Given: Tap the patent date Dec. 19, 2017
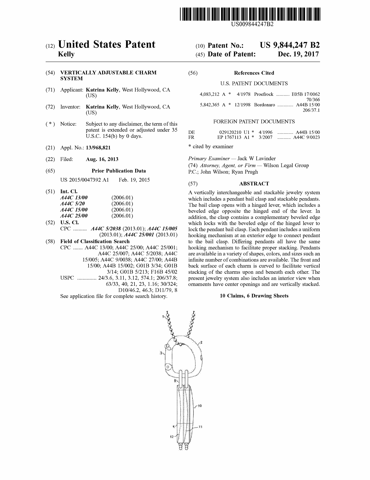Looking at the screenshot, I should (x=298, y=54).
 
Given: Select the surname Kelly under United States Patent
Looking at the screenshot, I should (x=66, y=54).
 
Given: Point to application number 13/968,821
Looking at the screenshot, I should (x=100, y=148).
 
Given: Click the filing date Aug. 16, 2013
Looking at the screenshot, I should (x=102, y=159).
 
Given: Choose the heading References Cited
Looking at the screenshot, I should (x=254, y=73).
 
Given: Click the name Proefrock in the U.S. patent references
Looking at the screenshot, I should (x=264, y=94).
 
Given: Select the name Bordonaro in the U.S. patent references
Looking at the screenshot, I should (x=264, y=105).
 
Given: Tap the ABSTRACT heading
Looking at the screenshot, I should (x=254, y=184).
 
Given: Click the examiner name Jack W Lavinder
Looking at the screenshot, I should (x=257, y=159).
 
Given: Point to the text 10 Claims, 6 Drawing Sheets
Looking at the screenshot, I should (x=254, y=296).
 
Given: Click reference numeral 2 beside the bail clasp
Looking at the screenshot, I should (x=201, y=343).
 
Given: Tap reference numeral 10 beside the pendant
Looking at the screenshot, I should (x=199, y=406).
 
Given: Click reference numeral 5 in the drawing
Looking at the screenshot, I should (x=174, y=381).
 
